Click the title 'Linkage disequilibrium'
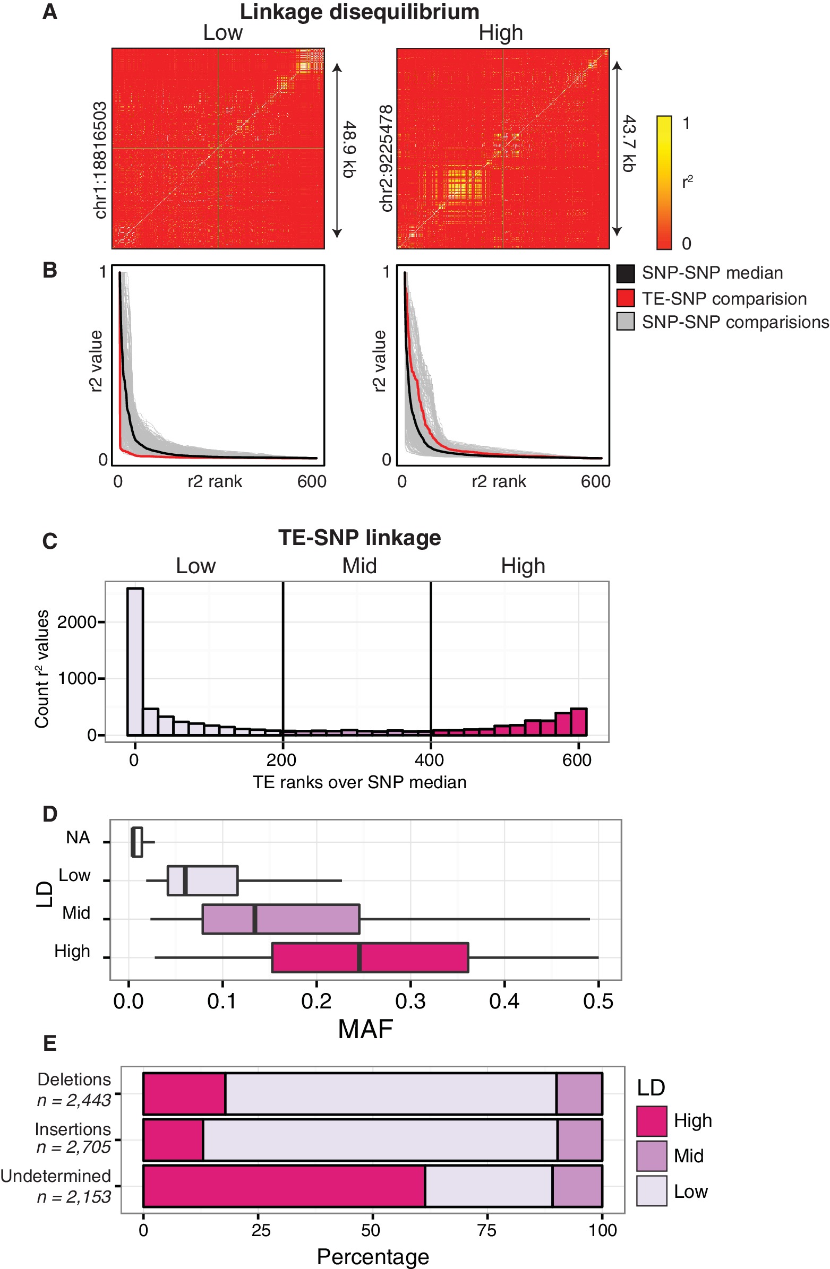pyautogui.click(x=359, y=12)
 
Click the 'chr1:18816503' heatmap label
pyautogui.click(x=100, y=160)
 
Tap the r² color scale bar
pyautogui.click(x=664, y=182)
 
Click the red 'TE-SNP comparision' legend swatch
pyautogui.click(x=625, y=298)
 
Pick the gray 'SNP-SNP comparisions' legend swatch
pyautogui.click(x=625, y=322)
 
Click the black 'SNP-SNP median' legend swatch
pyautogui.click(x=625, y=273)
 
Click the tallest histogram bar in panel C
pyautogui.click(x=135, y=661)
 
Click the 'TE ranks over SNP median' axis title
pyautogui.click(x=359, y=782)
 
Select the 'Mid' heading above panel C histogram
pyautogui.click(x=359, y=566)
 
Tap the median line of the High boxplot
pyautogui.click(x=359, y=957)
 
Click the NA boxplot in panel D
pyautogui.click(x=137, y=842)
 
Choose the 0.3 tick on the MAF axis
pyautogui.click(x=410, y=1002)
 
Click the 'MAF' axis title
pyautogui.click(x=365, y=1029)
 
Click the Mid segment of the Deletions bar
pyautogui.click(x=579, y=1093)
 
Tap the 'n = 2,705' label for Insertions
pyautogui.click(x=74, y=1147)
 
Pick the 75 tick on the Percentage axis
pyautogui.click(x=486, y=1231)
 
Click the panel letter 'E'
pyautogui.click(x=49, y=1043)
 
